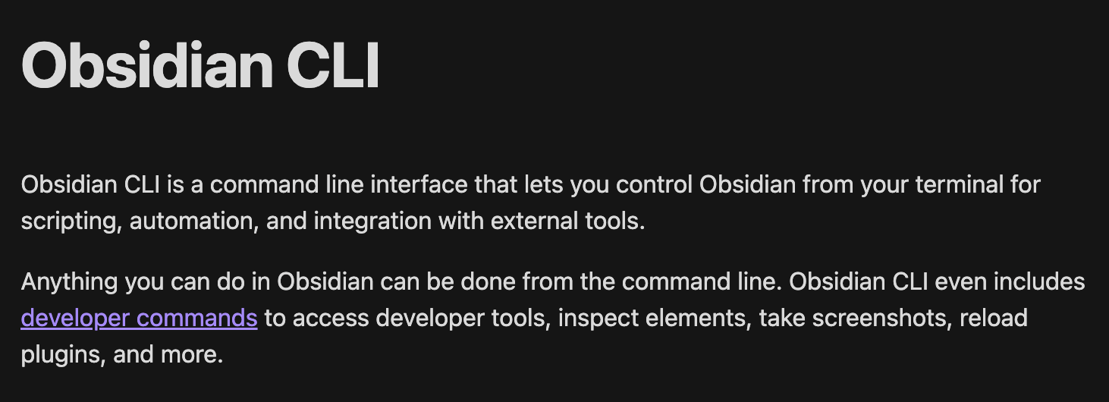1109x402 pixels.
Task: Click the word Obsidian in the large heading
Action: (147, 65)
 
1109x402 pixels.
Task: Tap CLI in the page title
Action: (333, 65)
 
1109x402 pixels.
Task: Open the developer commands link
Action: (139, 318)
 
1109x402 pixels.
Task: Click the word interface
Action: (419, 184)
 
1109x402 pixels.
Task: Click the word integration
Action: (372, 221)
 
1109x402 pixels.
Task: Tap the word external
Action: (534, 220)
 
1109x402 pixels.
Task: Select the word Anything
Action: (69, 282)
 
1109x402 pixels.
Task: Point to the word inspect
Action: (598, 319)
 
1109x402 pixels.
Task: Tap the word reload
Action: (994, 317)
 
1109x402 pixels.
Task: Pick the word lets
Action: (544, 184)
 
